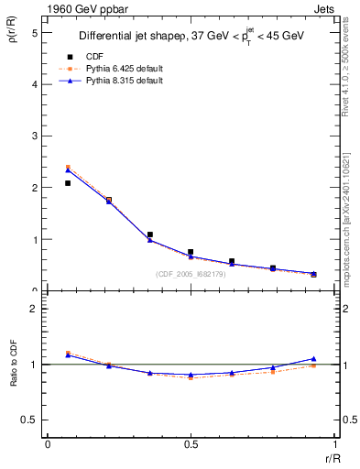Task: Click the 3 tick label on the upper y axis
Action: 34,136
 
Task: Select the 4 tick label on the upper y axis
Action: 34,84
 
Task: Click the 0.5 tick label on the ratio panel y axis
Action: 29,420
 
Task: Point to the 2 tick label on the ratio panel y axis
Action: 34,309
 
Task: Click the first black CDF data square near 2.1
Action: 68,183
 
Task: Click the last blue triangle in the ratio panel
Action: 313,359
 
